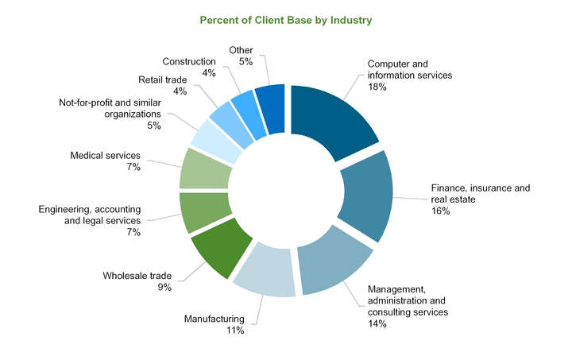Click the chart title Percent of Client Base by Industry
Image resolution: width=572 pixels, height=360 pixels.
[286, 20]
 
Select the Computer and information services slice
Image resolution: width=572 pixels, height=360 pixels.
[330, 117]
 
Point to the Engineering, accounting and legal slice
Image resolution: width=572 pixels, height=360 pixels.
[204, 212]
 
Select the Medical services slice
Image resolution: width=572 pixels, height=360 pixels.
[205, 169]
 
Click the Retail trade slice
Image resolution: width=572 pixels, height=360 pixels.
[232, 123]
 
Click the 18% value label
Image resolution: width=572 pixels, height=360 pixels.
[377, 87]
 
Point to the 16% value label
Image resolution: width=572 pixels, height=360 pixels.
[440, 211]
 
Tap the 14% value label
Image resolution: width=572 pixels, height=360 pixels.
[377, 324]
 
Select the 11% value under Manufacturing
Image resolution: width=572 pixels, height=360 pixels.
[235, 331]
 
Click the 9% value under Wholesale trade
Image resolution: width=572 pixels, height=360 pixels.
[164, 288]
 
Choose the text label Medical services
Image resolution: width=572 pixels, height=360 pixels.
[105, 156]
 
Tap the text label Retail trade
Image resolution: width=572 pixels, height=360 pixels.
[162, 80]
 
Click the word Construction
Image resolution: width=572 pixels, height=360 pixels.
[189, 62]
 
